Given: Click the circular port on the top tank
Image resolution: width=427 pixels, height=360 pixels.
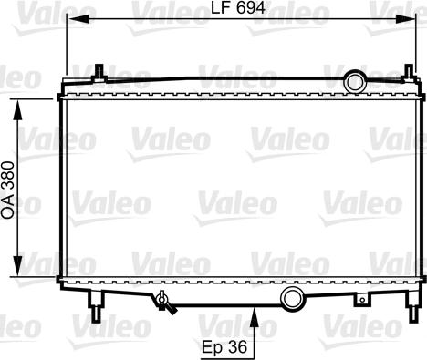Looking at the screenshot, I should coord(354,82).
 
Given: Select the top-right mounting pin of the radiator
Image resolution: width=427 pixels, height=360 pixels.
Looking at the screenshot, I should coord(408,73).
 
